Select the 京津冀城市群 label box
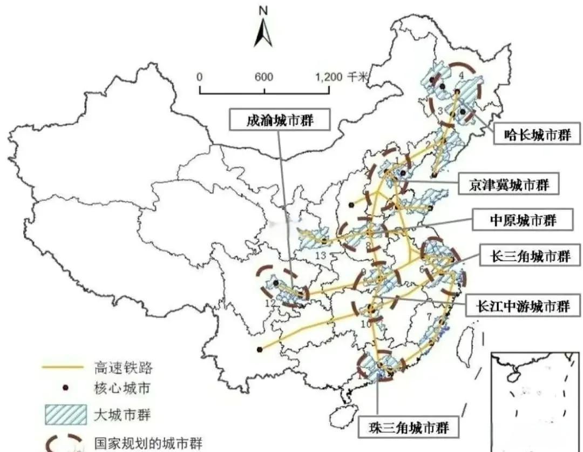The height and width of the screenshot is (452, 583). pyautogui.click(x=507, y=185)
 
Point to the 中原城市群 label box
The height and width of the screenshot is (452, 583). pyautogui.click(x=523, y=220)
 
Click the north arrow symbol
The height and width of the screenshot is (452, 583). pyautogui.click(x=263, y=33)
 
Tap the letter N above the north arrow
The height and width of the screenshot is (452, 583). pyautogui.click(x=263, y=10)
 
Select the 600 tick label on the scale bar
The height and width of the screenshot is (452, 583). pyautogui.click(x=263, y=76)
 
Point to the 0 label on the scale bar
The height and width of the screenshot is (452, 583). pyautogui.click(x=200, y=76)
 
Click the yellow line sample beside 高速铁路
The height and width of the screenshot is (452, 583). pyautogui.click(x=63, y=368)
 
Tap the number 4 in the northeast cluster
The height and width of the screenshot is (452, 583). pyautogui.click(x=460, y=75)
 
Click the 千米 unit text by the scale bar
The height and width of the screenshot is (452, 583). pyautogui.click(x=357, y=76)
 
